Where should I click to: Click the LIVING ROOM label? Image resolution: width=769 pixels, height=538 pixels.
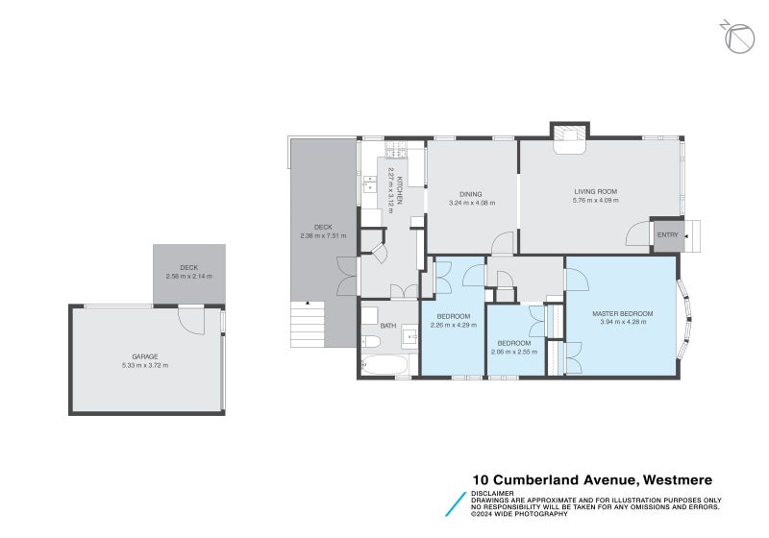(x=595, y=191)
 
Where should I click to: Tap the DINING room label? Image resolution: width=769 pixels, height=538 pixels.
(x=471, y=194)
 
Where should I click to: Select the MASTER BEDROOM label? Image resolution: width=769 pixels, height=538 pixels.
(x=623, y=313)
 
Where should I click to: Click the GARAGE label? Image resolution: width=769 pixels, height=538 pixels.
(x=145, y=356)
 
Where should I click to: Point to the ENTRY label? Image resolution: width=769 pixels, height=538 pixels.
(x=668, y=235)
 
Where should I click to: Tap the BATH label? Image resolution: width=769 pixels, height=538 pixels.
(x=388, y=326)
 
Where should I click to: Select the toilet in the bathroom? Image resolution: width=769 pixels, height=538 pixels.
(x=371, y=340)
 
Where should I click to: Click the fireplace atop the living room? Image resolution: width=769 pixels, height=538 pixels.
(x=569, y=136)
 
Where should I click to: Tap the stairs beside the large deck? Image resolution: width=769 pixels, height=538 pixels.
(x=308, y=324)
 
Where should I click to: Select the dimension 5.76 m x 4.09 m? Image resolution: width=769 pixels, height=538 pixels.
(x=595, y=201)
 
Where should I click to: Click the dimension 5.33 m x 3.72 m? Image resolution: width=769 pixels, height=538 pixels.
(x=145, y=365)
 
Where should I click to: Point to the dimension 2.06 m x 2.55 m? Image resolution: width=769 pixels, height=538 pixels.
(x=513, y=352)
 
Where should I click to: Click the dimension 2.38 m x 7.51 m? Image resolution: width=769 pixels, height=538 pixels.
(x=323, y=235)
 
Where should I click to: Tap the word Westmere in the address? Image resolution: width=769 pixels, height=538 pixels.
(x=676, y=479)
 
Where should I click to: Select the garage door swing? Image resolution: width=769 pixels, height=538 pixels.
(x=190, y=320)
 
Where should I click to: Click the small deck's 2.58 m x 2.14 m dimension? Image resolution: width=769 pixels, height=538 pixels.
(x=188, y=277)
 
